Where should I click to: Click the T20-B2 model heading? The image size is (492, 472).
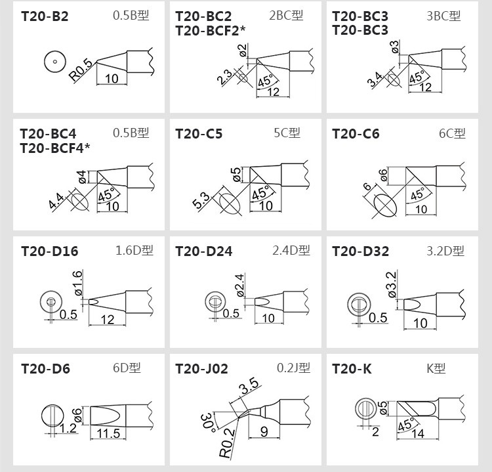click(x=45, y=16)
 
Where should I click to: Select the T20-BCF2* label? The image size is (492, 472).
click(x=210, y=30)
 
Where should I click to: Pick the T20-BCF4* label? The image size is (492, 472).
click(x=54, y=147)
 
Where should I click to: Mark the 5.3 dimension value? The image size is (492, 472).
click(x=201, y=200)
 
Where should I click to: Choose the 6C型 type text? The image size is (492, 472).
click(x=452, y=133)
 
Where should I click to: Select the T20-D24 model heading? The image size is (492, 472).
click(x=204, y=251)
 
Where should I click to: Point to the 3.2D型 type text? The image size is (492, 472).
click(x=445, y=251)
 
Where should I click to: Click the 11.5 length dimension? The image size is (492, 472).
click(x=108, y=434)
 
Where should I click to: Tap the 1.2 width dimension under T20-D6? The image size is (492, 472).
click(x=68, y=429)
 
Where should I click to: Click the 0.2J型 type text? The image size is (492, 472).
click(x=293, y=368)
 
